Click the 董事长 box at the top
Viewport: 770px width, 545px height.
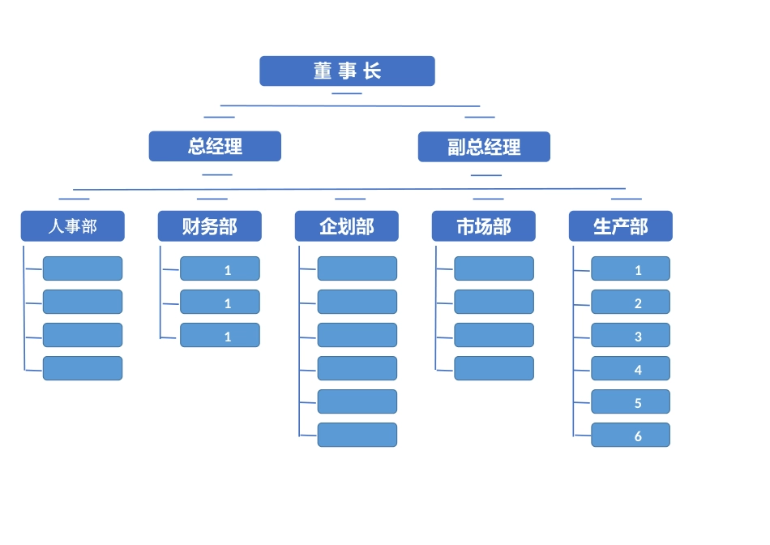tap(347, 71)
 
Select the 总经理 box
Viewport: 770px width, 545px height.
tap(215, 147)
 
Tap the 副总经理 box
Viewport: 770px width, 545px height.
tap(484, 148)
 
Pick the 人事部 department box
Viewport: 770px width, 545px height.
tap(73, 226)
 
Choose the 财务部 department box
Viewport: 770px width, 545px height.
tap(210, 226)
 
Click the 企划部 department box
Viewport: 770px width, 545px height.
tap(347, 226)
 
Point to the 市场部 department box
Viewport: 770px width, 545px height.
tap(484, 226)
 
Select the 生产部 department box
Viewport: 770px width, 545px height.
tap(621, 226)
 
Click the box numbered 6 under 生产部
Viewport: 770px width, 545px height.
tap(631, 436)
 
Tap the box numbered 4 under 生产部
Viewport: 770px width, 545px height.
tap(631, 369)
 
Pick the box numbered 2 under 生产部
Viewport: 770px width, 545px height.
tap(631, 303)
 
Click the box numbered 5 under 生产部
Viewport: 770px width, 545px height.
tap(631, 402)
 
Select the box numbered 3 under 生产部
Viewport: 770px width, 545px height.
tap(631, 336)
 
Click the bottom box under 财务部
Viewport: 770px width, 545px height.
tap(220, 336)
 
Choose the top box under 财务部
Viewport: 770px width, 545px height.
tap(220, 269)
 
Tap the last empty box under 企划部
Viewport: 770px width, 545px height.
tap(357, 436)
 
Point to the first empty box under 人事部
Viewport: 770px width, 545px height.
tap(83, 269)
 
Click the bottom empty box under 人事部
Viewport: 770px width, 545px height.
tap(83, 369)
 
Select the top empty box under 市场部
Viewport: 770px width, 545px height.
tap(494, 269)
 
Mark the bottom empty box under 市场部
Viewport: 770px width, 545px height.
tap(494, 369)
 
